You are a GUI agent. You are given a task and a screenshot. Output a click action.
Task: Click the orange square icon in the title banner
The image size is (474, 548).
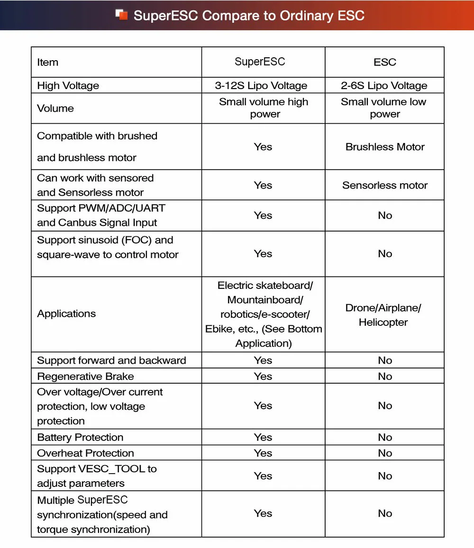(x=122, y=15)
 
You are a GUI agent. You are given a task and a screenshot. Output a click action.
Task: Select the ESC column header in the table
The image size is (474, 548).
(x=384, y=62)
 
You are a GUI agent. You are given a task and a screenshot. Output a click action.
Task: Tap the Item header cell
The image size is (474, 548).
(x=48, y=62)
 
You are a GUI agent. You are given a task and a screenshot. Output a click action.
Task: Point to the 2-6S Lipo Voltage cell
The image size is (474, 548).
(x=384, y=86)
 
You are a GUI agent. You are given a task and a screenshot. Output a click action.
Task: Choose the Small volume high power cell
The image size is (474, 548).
(x=264, y=108)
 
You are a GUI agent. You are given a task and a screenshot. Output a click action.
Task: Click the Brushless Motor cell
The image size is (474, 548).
(x=385, y=147)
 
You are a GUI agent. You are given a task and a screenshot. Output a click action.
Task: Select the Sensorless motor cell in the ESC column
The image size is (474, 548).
(x=385, y=185)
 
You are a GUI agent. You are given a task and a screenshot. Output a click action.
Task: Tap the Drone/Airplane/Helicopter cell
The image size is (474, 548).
(x=383, y=315)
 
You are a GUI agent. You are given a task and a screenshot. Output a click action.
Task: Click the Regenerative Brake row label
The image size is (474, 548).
(x=86, y=377)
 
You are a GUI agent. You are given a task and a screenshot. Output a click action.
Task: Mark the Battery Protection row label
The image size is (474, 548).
(x=80, y=437)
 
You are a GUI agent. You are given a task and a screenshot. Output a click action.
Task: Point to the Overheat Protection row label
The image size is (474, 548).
(x=86, y=453)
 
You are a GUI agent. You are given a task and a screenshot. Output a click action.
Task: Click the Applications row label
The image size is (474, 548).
(x=66, y=314)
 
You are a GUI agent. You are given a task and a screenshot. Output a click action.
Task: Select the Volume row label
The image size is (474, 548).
(x=55, y=108)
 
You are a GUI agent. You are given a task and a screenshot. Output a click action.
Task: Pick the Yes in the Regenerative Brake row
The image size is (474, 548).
(x=263, y=377)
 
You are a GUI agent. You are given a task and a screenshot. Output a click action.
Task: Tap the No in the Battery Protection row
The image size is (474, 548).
(x=385, y=437)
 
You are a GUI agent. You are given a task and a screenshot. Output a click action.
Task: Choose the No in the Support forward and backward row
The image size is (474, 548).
(x=385, y=360)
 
